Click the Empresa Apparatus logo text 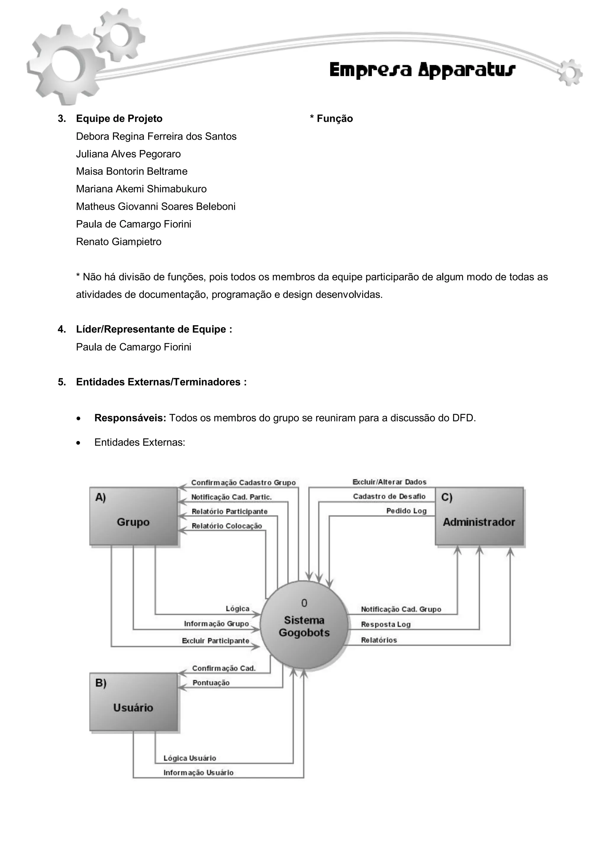[422, 70]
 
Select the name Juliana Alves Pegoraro [128, 154]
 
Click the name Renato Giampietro [119, 241]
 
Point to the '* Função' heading [331, 119]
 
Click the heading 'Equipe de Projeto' [119, 119]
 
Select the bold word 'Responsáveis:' [130, 418]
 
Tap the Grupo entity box [133, 516]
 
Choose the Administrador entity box [479, 516]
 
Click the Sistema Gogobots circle [304, 626]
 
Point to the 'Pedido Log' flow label [406, 511]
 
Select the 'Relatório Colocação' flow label [227, 526]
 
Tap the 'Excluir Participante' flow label [215, 640]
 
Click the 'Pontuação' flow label [211, 683]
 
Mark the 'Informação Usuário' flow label [198, 773]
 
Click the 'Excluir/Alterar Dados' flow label [389, 482]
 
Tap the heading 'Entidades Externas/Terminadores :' [161, 382]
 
